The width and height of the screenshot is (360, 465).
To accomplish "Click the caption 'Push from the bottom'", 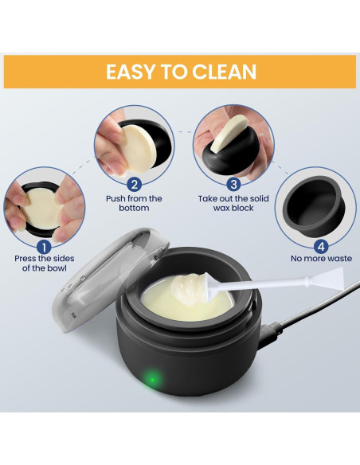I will (133, 204).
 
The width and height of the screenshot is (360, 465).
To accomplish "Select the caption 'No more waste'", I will (321, 258).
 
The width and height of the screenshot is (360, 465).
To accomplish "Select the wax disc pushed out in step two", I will (123, 147).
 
